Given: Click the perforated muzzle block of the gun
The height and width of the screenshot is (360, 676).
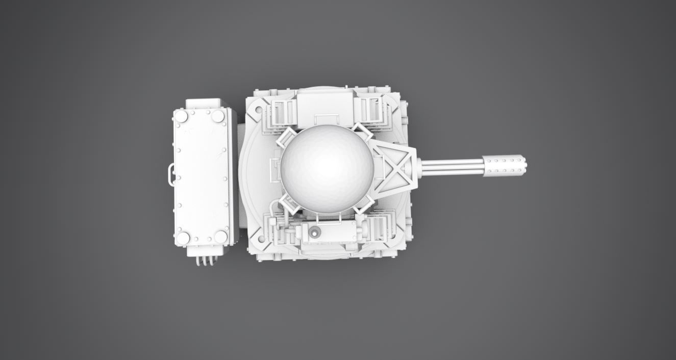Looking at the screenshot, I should point(504,165).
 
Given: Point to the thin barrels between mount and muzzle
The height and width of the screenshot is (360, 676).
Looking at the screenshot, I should point(452,166).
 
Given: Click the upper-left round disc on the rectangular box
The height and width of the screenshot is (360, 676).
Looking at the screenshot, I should point(181,116).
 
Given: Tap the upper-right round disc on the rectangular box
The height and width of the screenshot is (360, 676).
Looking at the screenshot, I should point(218,116).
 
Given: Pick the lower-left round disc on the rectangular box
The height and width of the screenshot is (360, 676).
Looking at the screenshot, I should point(183,238).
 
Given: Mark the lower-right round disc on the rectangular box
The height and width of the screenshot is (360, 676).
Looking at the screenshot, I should point(220,236).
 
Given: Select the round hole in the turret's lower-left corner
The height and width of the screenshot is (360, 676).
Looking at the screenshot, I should point(262,238).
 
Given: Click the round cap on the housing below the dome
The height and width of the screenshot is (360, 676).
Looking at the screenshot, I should point(315,234).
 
